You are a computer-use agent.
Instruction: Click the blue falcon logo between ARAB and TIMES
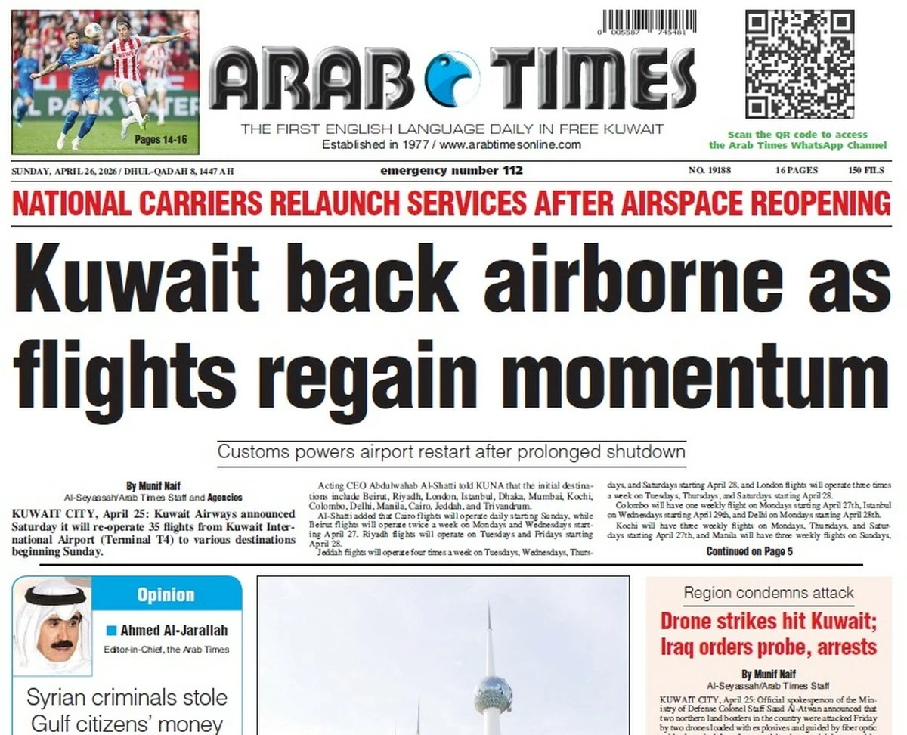click(453, 79)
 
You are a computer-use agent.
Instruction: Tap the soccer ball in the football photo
click(94, 29)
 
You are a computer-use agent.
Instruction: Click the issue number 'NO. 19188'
click(710, 170)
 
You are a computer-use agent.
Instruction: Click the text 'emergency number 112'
click(451, 170)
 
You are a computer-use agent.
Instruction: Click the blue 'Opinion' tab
click(166, 595)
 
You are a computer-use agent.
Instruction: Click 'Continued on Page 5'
click(749, 551)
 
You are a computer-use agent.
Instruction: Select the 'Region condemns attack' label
click(769, 593)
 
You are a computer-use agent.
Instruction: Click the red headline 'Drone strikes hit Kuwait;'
click(767, 622)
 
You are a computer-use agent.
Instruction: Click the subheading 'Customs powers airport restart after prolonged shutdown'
click(451, 452)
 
